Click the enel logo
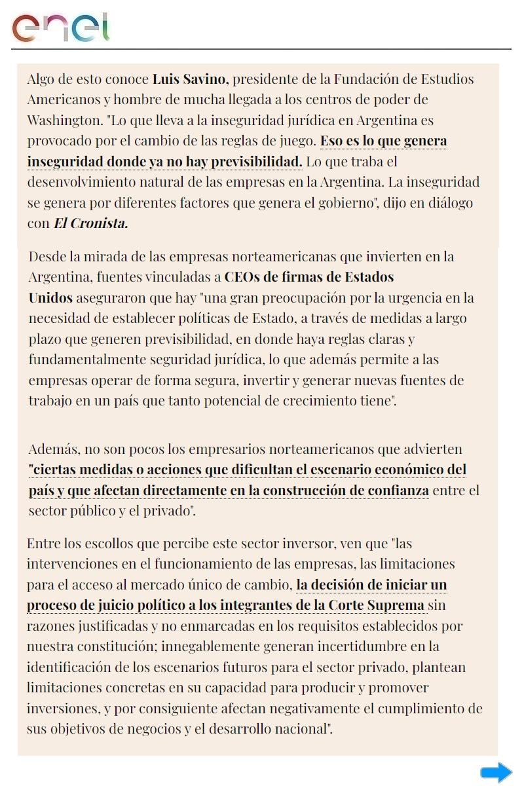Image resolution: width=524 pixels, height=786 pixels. [60, 28]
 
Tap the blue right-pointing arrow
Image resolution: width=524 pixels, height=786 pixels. [496, 772]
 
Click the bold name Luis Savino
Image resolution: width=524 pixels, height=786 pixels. [189, 80]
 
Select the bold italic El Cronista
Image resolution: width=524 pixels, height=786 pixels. [90, 223]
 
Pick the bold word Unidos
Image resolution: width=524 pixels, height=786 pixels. [50, 298]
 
